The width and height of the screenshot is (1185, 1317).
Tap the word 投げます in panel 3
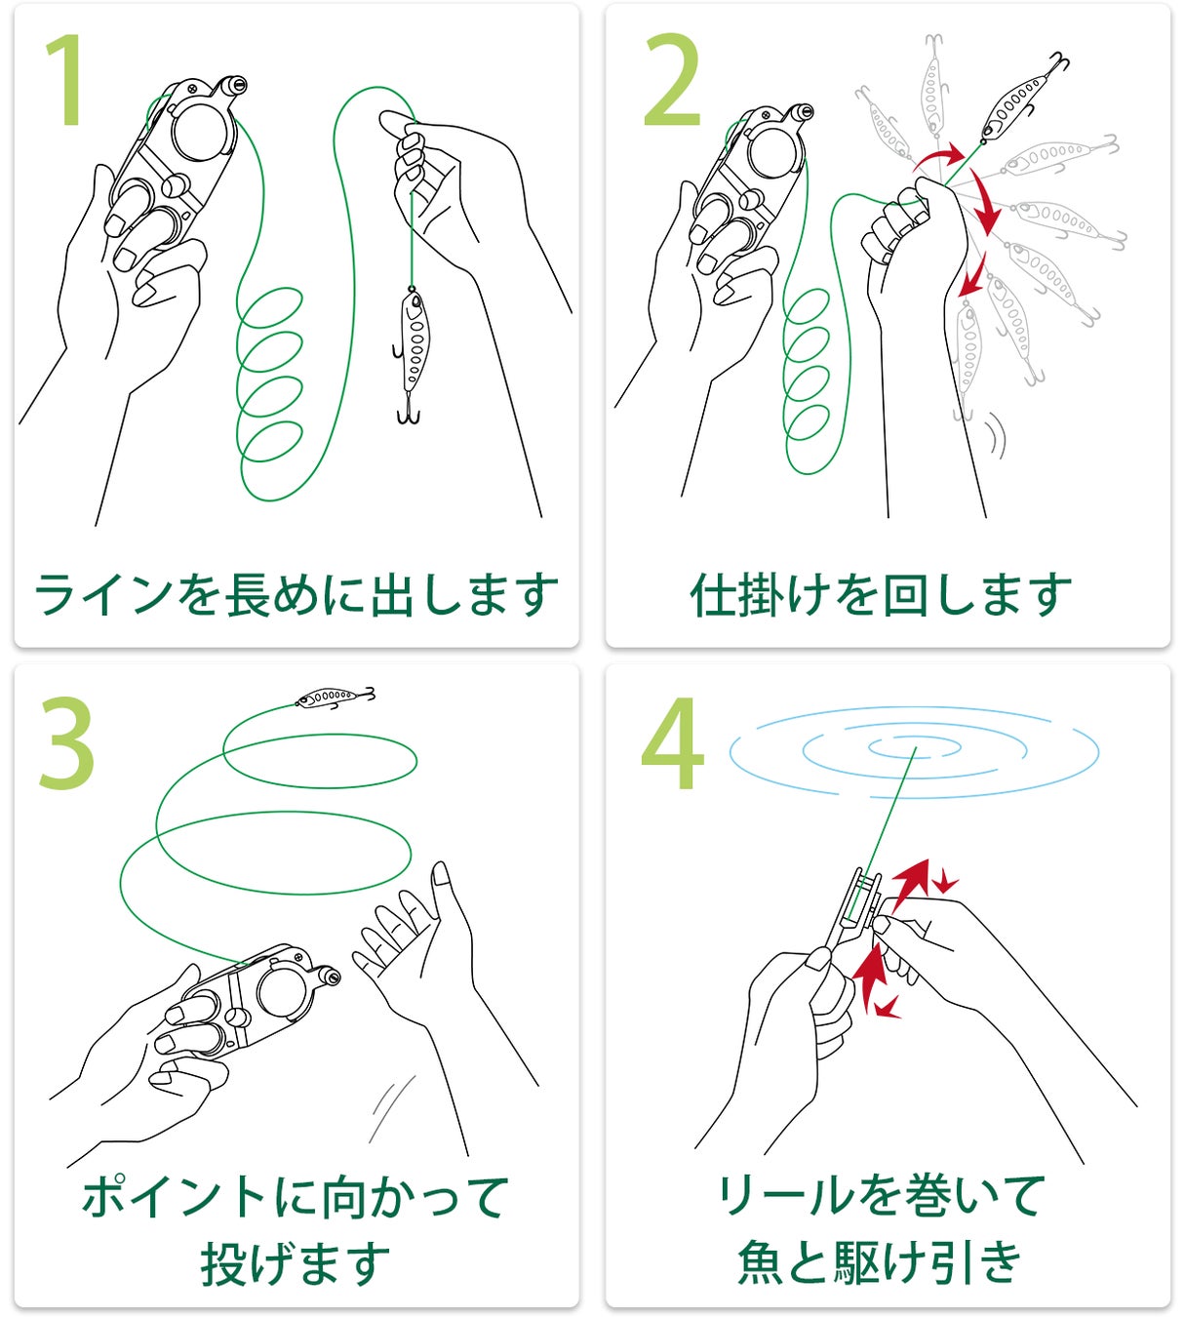click(296, 1262)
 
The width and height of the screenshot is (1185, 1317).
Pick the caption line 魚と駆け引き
click(880, 1262)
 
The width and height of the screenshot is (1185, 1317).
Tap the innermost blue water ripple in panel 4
click(915, 747)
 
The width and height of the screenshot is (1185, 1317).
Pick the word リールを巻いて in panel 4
click(881, 1196)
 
